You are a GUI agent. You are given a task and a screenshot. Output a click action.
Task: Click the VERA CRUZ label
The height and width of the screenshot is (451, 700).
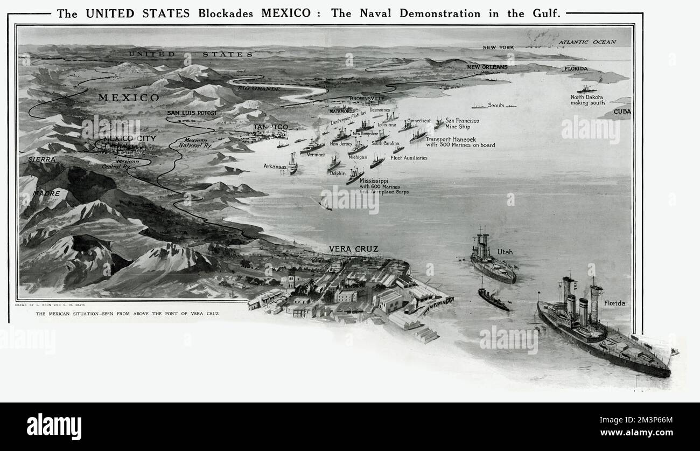(x=353, y=249)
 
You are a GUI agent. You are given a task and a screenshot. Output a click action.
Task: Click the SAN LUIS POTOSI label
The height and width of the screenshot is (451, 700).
(x=191, y=113)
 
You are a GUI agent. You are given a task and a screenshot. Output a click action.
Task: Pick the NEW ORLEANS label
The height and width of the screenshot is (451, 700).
(x=487, y=67)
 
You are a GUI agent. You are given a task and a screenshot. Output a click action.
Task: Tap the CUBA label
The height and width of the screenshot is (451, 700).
(x=622, y=112)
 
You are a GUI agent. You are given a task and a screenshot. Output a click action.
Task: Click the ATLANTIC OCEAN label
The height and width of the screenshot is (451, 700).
(x=586, y=42)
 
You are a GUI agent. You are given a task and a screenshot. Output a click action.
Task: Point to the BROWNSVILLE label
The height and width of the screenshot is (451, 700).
(x=367, y=99)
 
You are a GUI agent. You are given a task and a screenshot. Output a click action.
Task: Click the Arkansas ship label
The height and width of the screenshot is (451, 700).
(x=274, y=166)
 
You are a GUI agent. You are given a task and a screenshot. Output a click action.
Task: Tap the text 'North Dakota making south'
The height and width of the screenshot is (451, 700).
(x=587, y=100)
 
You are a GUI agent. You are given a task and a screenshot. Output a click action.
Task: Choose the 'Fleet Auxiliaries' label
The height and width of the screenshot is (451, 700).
(x=409, y=158)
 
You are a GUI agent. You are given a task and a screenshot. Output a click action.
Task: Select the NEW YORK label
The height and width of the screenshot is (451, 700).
(x=498, y=47)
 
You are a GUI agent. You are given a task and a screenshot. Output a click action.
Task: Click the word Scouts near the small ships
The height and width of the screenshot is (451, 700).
(x=496, y=105)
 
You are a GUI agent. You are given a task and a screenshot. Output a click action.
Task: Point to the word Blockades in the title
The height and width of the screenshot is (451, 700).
(x=226, y=13)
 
